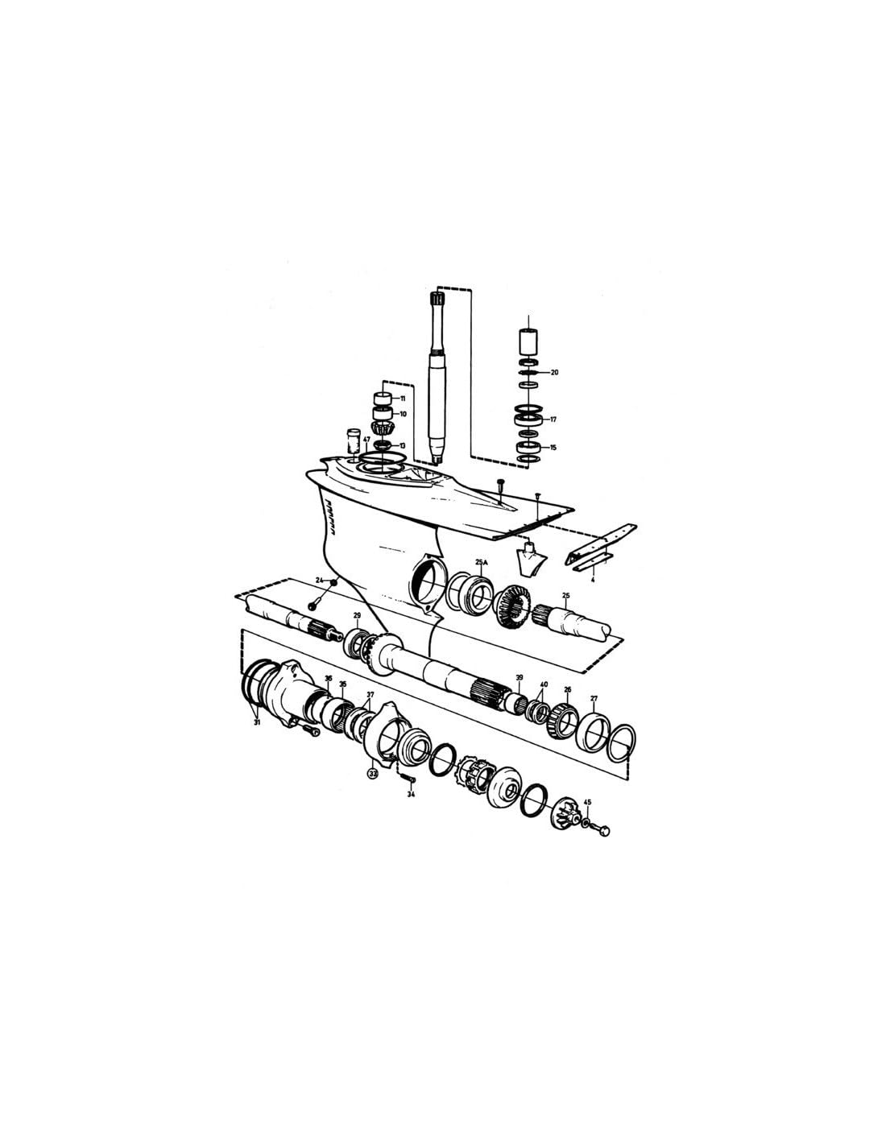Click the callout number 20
[554, 373]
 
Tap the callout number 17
[554, 420]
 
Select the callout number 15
[553, 447]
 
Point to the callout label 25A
[482, 562]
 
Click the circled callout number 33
[372, 773]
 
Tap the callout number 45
[587, 802]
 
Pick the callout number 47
[366, 440]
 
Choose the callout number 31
[257, 722]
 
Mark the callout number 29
[357, 616]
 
